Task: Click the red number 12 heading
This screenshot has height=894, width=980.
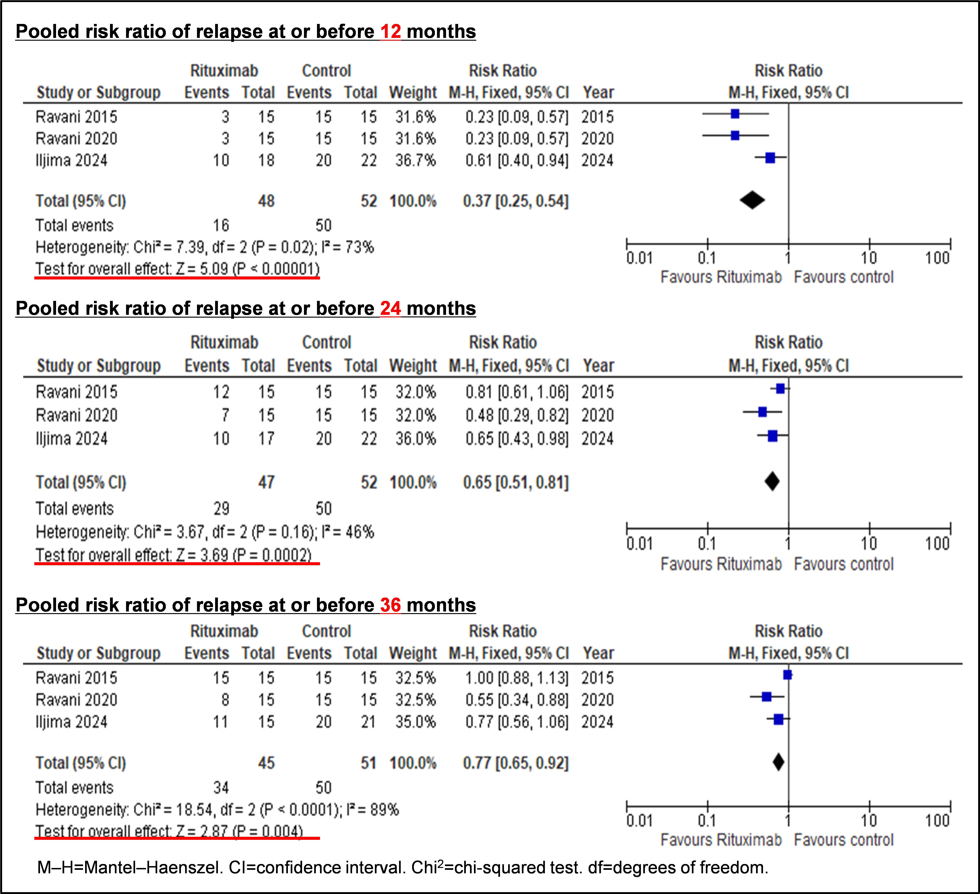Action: click(x=390, y=32)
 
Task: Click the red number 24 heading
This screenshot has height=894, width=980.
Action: click(x=390, y=308)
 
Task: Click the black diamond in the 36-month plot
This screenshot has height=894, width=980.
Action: click(x=778, y=762)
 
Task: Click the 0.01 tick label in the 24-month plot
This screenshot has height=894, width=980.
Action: click(x=639, y=544)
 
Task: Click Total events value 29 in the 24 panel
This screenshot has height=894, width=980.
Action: click(x=221, y=508)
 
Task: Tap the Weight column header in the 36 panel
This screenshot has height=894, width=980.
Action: click(x=413, y=653)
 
